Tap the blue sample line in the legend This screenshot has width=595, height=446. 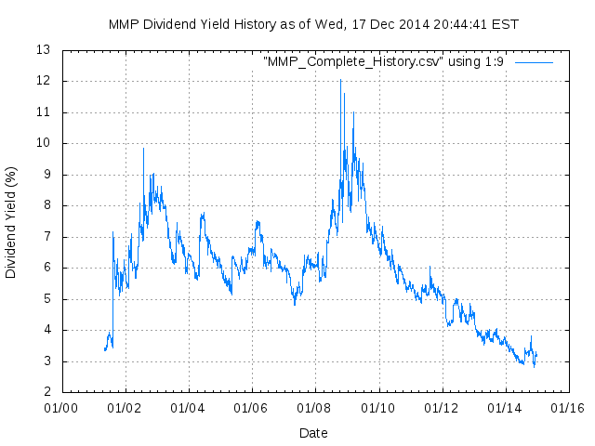coord(534,62)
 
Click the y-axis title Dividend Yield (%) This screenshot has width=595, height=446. coord(11,223)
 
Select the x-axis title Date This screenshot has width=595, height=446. coord(313,433)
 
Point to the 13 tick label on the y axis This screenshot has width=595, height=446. coord(43,50)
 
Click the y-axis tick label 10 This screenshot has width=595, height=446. coord(43,143)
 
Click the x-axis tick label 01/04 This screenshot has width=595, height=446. coord(188,407)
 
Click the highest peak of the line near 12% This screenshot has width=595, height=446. coord(340,80)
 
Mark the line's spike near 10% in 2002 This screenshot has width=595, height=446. coord(143,148)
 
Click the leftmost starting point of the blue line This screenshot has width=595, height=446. coord(104,349)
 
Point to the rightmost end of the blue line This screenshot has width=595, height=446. coord(537,354)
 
